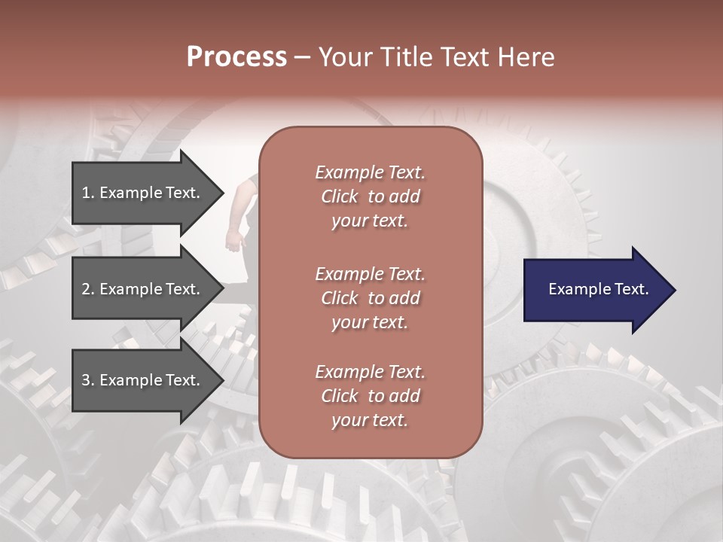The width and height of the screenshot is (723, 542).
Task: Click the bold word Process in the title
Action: click(x=236, y=57)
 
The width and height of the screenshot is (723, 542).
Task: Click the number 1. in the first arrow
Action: click(x=88, y=193)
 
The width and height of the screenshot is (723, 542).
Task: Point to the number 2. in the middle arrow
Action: click(x=88, y=289)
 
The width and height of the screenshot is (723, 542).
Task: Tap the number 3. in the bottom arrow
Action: click(x=88, y=380)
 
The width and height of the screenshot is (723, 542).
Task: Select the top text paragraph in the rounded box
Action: click(x=370, y=196)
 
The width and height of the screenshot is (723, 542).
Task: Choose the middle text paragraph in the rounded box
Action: click(x=370, y=298)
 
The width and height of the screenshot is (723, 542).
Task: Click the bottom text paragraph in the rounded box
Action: click(x=370, y=396)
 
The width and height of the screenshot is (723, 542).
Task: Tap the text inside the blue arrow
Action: click(x=598, y=289)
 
